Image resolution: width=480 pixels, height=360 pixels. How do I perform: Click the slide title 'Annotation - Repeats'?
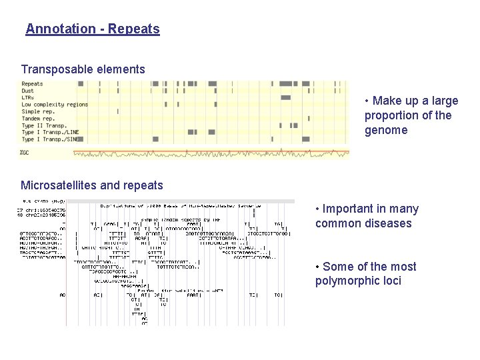pyautogui.click(x=93, y=29)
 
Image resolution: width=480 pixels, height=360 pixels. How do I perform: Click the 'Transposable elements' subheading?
pyautogui.click(x=83, y=69)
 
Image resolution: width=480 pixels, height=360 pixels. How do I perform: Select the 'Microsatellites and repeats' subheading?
pyautogui.click(x=92, y=185)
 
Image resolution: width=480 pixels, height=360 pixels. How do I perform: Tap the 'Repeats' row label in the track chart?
pyautogui.click(x=32, y=84)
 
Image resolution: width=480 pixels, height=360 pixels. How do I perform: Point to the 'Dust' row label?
pyautogui.click(x=27, y=91)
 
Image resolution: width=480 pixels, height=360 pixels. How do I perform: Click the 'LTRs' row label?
pyautogui.click(x=27, y=98)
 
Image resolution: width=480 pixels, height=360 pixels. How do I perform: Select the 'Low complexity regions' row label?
pyautogui.click(x=55, y=105)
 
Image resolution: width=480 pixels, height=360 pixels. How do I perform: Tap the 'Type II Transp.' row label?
pyautogui.click(x=44, y=125)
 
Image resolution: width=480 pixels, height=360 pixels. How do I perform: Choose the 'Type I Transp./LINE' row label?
pyautogui.click(x=50, y=133)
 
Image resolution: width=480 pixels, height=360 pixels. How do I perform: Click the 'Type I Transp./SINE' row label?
pyautogui.click(x=50, y=139)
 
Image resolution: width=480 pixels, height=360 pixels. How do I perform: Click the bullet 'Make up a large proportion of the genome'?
pyautogui.click(x=411, y=115)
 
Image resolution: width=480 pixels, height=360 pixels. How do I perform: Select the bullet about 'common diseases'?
pyautogui.click(x=367, y=216)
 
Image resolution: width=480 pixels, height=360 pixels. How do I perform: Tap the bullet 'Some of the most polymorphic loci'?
pyautogui.click(x=365, y=273)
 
